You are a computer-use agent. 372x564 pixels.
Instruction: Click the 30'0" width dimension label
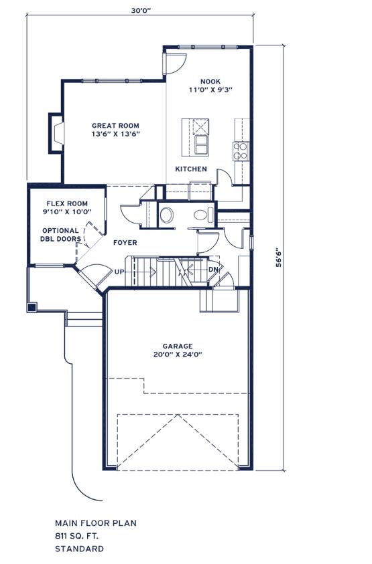pyautogui.click(x=141, y=11)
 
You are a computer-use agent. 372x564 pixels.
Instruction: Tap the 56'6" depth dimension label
pyautogui.click(x=279, y=257)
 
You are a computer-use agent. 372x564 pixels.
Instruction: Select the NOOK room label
pyautogui.click(x=210, y=82)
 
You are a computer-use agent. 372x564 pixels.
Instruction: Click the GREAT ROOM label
pyautogui.click(x=115, y=126)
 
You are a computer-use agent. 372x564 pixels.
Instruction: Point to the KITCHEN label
pyautogui.click(x=191, y=169)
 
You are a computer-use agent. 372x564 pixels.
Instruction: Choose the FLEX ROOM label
pyautogui.click(x=67, y=203)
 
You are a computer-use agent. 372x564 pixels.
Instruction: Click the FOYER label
pyautogui.click(x=125, y=243)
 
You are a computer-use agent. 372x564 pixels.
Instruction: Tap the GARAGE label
pyautogui.click(x=178, y=347)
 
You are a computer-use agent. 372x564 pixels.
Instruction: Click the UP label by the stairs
pyautogui.click(x=119, y=272)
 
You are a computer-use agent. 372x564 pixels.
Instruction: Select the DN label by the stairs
pyautogui.click(x=212, y=270)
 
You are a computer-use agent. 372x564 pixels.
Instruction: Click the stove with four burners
pyautogui.click(x=241, y=151)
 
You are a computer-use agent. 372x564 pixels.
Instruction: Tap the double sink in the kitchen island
pyautogui.click(x=201, y=145)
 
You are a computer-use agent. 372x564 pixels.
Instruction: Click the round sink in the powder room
pyautogui.click(x=166, y=215)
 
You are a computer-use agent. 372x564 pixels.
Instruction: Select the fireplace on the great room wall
pyautogui.click(x=56, y=133)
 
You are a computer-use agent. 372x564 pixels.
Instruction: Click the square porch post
pyautogui.click(x=32, y=307)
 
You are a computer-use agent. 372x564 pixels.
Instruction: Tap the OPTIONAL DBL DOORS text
pyautogui.click(x=60, y=235)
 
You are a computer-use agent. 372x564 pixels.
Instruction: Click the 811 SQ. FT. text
pyautogui.click(x=76, y=536)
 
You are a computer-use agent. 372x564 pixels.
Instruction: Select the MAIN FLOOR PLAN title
pyautogui.click(x=96, y=523)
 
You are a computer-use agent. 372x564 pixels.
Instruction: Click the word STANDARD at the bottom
pyautogui.click(x=79, y=549)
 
